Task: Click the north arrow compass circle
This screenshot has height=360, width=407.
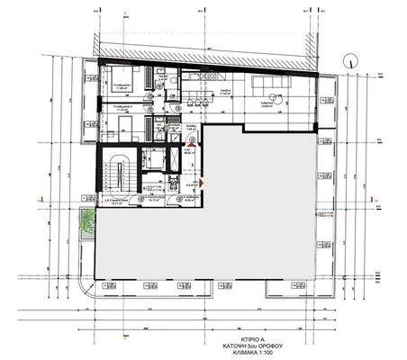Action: tap(348, 58)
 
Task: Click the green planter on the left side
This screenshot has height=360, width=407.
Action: tap(86, 220)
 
